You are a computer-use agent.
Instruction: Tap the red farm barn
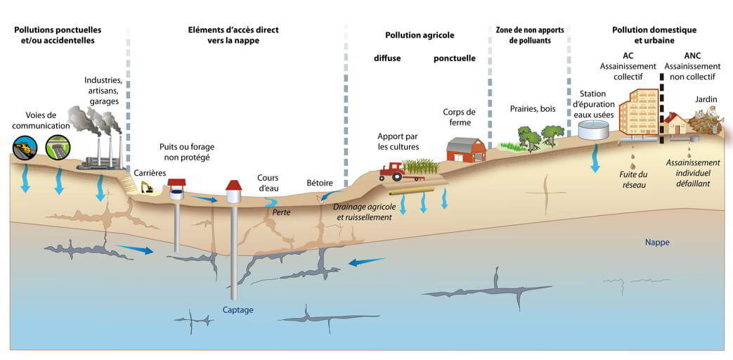click(x=466, y=148)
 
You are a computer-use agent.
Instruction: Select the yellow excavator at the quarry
click(x=147, y=187)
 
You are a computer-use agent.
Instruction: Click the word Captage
click(x=238, y=309)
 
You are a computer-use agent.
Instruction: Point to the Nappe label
click(x=657, y=243)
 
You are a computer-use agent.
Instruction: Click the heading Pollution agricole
click(x=420, y=35)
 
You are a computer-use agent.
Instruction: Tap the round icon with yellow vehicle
click(x=25, y=146)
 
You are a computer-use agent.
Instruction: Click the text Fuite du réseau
click(x=633, y=179)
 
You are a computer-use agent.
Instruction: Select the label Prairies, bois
click(x=533, y=109)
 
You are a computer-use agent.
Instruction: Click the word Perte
click(x=281, y=211)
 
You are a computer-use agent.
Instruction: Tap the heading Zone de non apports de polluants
click(x=528, y=35)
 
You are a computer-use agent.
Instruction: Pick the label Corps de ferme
click(x=460, y=117)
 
